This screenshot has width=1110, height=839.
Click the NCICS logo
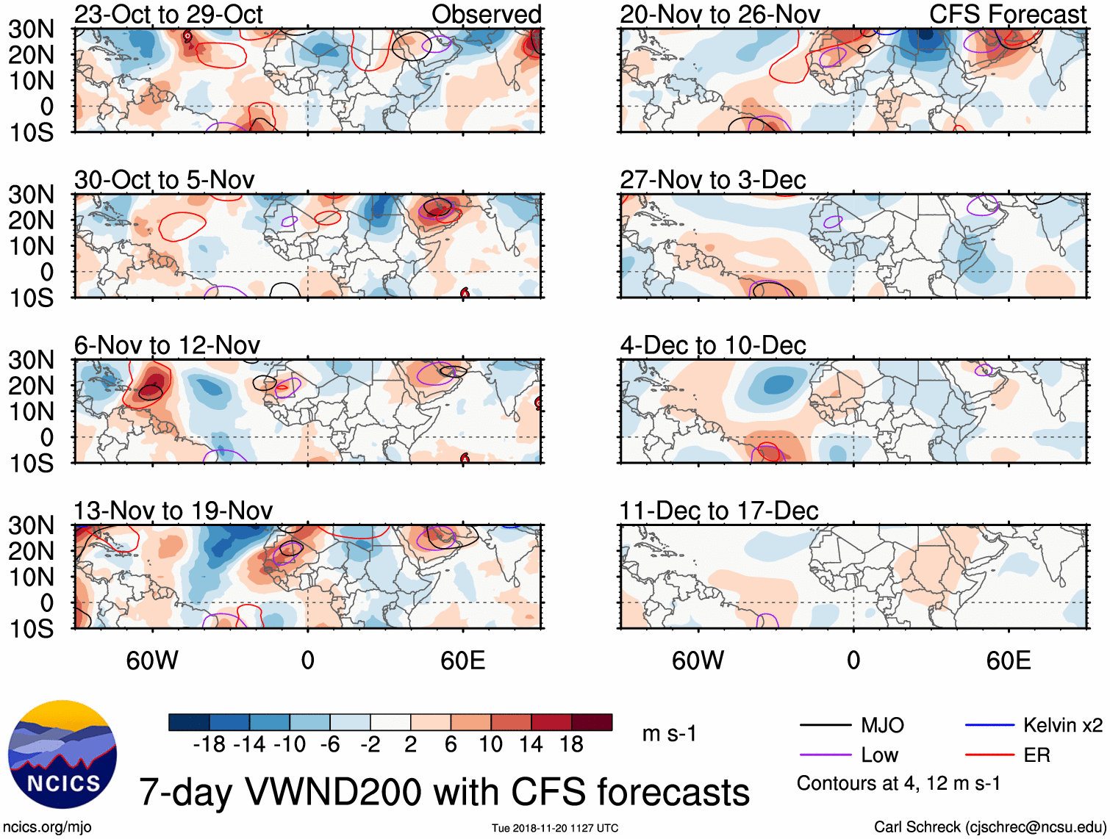point(62,755)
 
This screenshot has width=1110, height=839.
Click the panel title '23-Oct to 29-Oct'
point(168,14)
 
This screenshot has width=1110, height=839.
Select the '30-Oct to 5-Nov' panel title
point(164,179)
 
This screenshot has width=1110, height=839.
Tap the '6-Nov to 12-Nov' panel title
point(167,345)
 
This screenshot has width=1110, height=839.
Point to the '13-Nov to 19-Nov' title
point(173,511)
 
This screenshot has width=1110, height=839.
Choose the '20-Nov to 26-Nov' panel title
point(720,14)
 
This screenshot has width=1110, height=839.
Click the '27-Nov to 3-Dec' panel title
point(712,179)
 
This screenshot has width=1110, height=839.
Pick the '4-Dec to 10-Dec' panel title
point(712,345)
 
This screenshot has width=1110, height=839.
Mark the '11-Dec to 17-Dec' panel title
point(718,511)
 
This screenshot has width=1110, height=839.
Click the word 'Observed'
point(486,14)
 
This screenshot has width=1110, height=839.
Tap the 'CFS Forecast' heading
point(1007,14)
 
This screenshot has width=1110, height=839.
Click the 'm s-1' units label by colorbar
point(669,733)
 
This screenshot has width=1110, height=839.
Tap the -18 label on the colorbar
point(210,744)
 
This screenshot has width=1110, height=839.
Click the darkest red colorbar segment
point(592,722)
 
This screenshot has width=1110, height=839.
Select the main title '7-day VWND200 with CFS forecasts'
point(444,792)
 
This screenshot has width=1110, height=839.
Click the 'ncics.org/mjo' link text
point(47,827)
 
